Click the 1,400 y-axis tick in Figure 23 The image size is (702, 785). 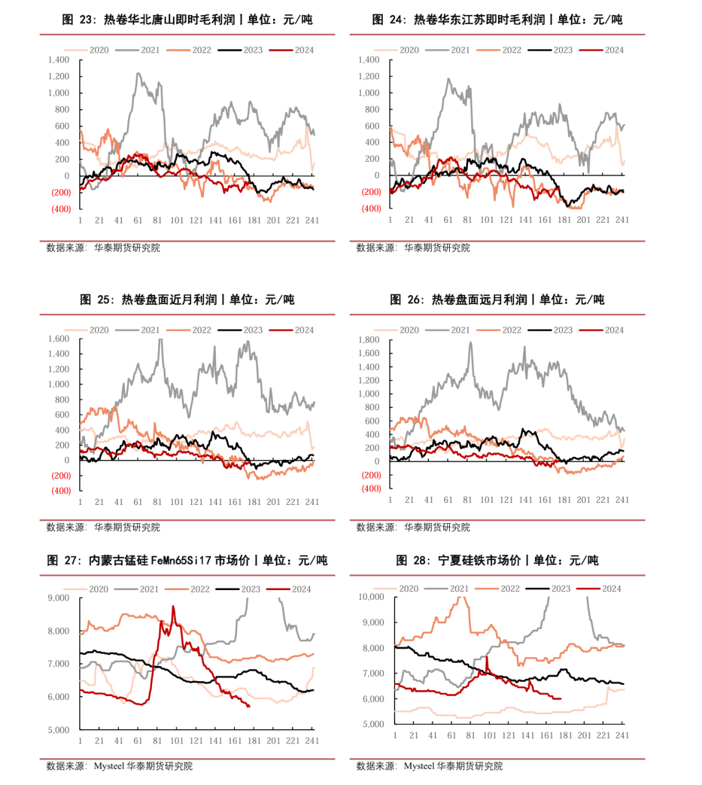58,60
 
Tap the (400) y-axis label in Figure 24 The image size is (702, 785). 371,209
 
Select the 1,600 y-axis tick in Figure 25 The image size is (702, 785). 58,339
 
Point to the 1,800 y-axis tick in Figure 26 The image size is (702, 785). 369,340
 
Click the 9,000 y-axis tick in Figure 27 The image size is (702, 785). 58,598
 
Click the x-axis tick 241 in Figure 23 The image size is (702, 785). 312,220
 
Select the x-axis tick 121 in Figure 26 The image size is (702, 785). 506,500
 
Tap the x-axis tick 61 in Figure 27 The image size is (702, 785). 138,740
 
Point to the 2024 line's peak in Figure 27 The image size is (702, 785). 173,606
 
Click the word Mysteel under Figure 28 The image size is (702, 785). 419,766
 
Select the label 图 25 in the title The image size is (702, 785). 96,300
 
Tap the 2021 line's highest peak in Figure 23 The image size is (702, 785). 138,73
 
